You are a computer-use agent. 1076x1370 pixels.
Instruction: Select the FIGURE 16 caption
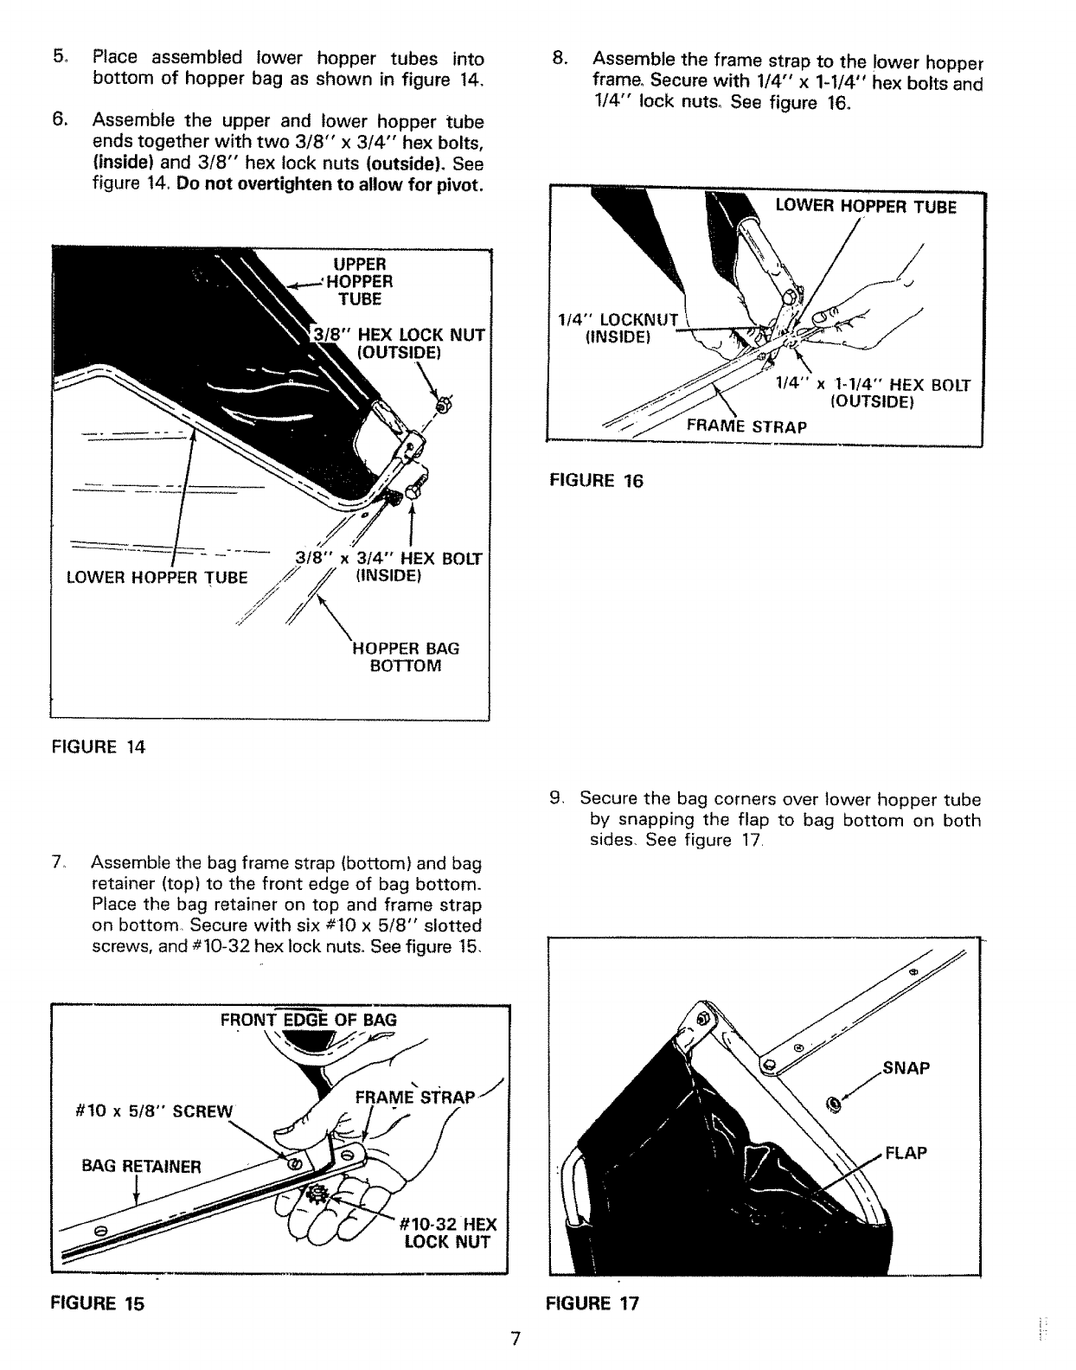[597, 481]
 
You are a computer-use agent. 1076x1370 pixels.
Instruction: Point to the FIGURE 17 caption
[593, 1303]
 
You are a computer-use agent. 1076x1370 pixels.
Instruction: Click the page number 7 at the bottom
[515, 1339]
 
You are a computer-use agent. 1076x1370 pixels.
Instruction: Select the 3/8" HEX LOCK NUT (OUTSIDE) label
[400, 343]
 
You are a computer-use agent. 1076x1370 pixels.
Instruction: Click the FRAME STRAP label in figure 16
[746, 426]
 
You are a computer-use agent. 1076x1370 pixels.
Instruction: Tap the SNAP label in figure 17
[906, 1068]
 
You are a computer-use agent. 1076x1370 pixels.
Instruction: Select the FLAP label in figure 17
[905, 1153]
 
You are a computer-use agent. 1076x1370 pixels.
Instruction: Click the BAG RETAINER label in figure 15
[141, 1165]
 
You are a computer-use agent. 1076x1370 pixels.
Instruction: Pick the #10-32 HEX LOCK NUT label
[448, 1233]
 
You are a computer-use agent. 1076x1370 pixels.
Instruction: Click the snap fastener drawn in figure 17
[834, 1104]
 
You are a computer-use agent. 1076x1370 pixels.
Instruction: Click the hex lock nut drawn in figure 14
[442, 403]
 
